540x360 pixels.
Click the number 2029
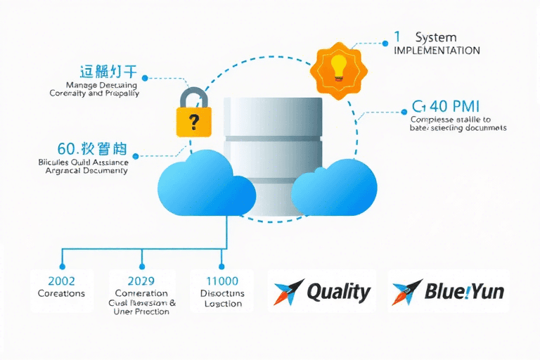pos(141,280)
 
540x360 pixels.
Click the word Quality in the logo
pos(339,291)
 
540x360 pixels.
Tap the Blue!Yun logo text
pos(464,291)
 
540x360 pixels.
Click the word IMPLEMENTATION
pos(437,51)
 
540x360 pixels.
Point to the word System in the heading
pos(436,37)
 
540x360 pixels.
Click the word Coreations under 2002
pos(61,293)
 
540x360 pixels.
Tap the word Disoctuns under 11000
pos(223,293)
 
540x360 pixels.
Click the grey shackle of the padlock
pos(193,97)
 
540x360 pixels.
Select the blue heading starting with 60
pos(91,149)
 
